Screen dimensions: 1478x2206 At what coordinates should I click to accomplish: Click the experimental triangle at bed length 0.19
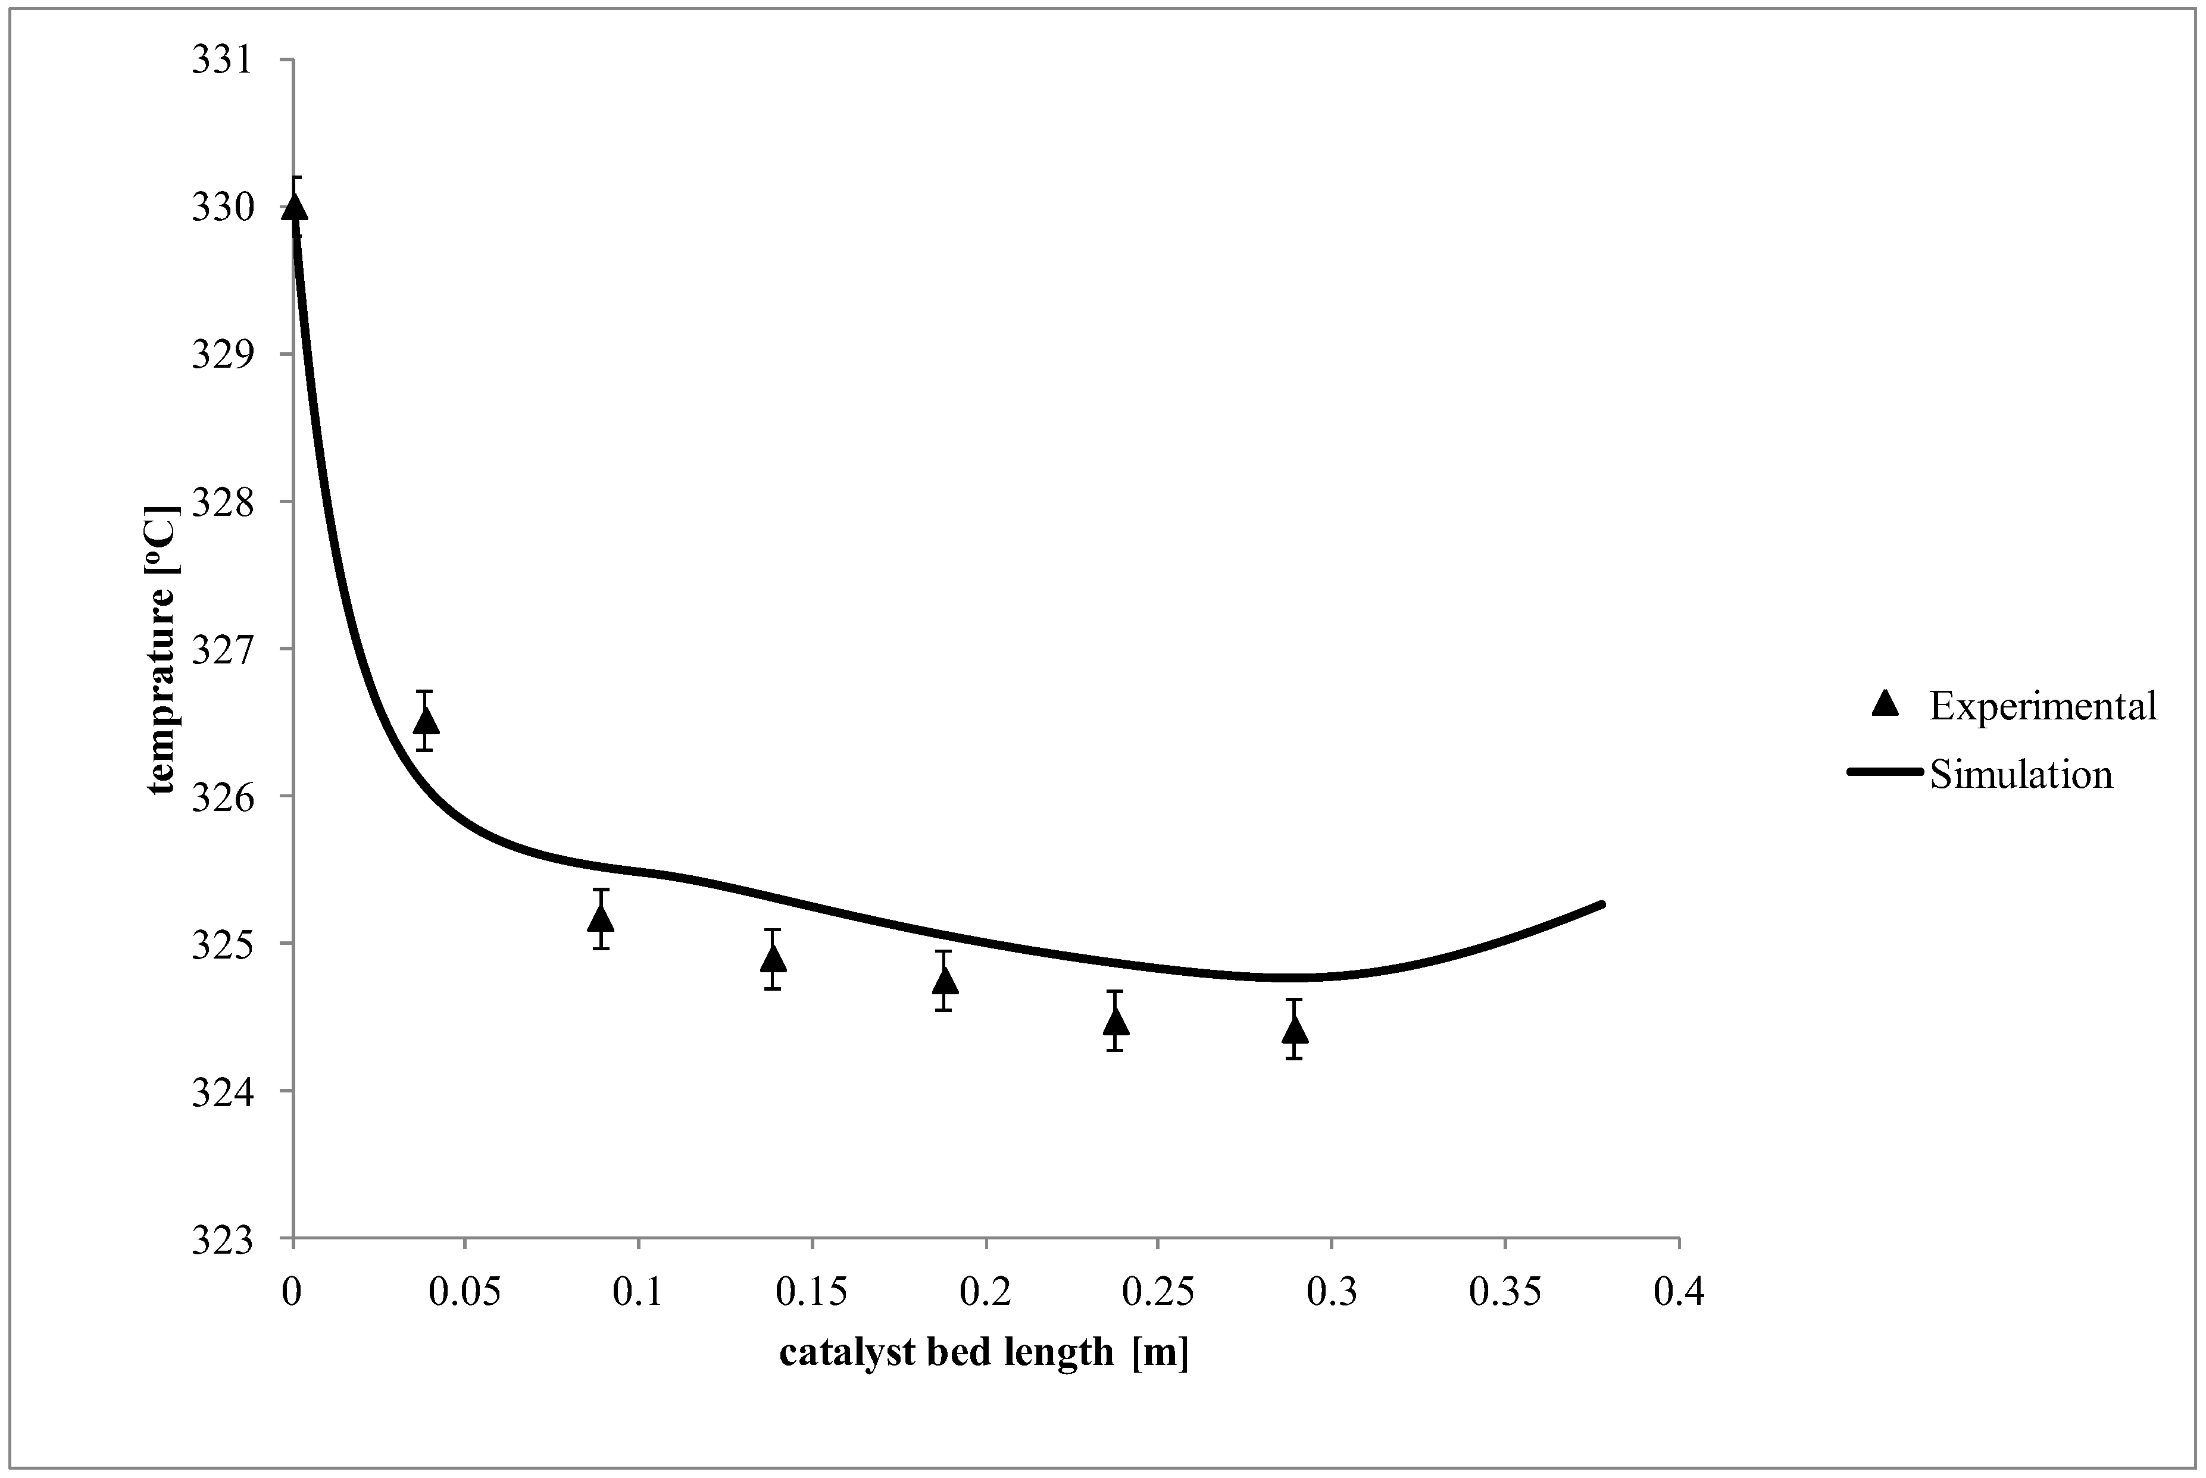946,981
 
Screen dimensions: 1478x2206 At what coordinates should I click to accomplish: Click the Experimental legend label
2042,706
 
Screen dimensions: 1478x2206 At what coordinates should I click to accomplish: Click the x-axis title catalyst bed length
983,1352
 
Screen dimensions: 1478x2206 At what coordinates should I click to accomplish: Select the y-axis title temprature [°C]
161,650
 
